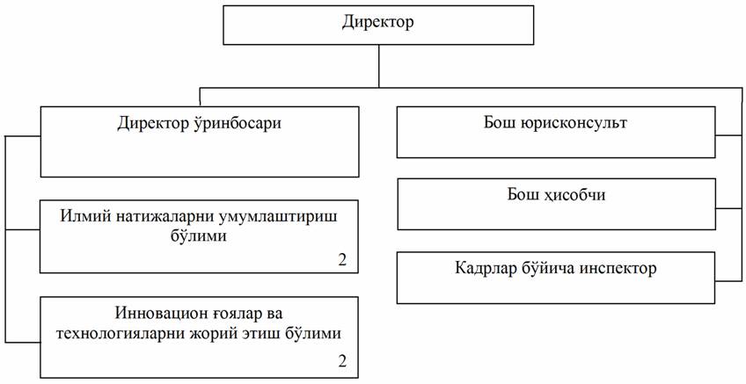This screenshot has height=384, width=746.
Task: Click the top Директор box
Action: pyautogui.click(x=378, y=25)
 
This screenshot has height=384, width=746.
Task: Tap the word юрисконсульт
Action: pyautogui.click(x=575, y=123)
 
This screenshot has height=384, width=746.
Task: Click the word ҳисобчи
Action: pyautogui.click(x=575, y=195)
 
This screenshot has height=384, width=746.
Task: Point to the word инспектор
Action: pyautogui.click(x=618, y=269)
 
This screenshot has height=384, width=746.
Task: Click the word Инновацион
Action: pyautogui.click(x=161, y=314)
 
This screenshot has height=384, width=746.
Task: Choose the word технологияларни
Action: pyautogui.click(x=121, y=333)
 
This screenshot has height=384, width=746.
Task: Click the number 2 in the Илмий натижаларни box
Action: pyautogui.click(x=342, y=260)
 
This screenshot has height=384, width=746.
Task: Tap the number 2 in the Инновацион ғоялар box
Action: pyautogui.click(x=342, y=361)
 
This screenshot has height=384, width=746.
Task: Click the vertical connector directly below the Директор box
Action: pyautogui.click(x=378, y=67)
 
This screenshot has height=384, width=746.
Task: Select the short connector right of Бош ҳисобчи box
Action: pyautogui.click(x=728, y=208)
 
